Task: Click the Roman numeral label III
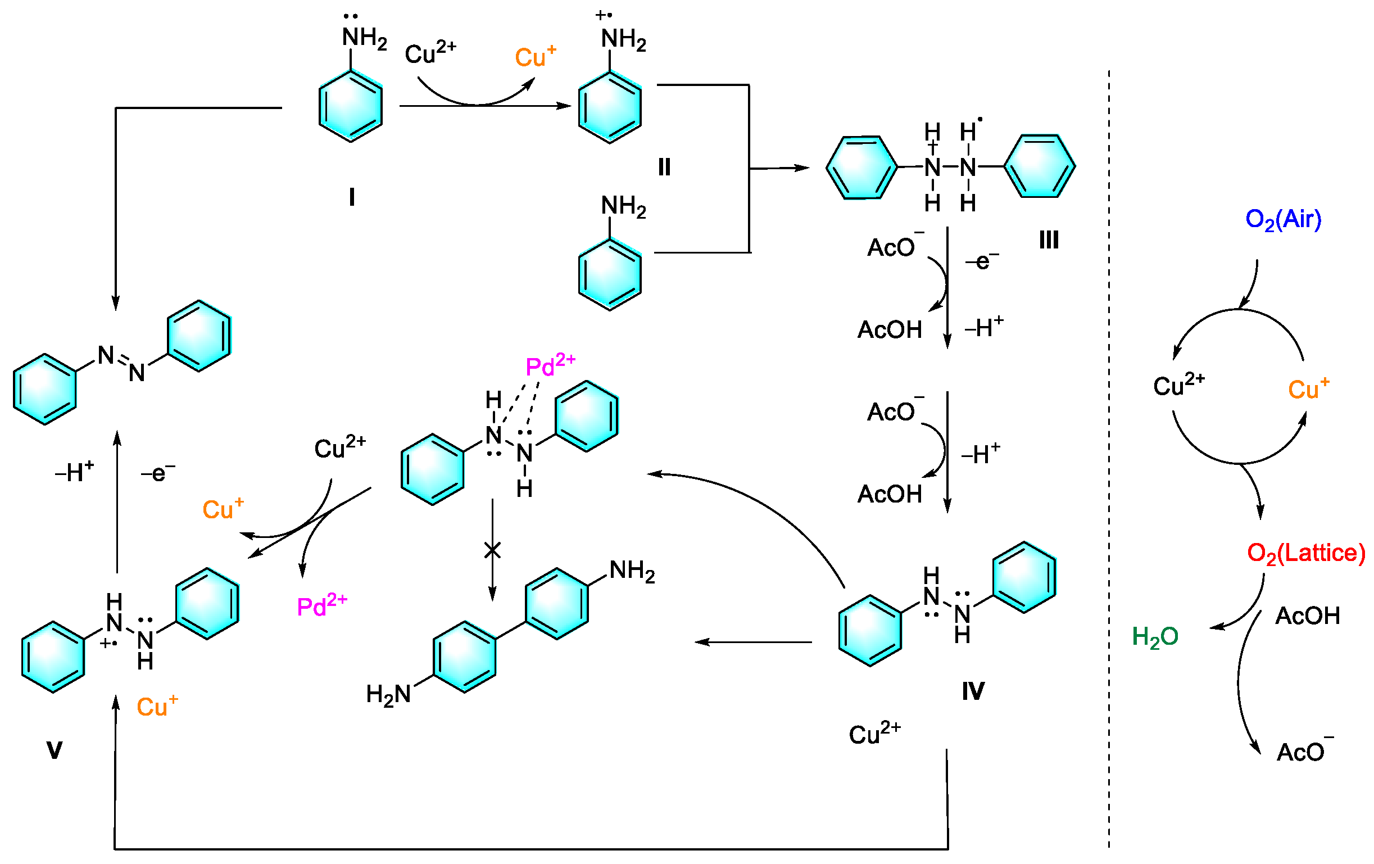pos(1049,240)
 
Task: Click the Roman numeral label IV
pos(973,691)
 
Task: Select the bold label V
pos(54,750)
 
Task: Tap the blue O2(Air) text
pos(1283,220)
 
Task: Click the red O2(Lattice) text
pos(1305,553)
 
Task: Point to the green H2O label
pos(1155,636)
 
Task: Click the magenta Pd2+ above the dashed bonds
pos(550,365)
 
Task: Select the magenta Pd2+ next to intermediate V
pos(322,605)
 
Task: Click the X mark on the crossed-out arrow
pos(492,550)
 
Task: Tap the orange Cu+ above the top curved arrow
pos(534,57)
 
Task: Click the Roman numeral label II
pos(664,167)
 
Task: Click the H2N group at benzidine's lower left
pos(388,694)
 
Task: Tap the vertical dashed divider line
pos(1109,456)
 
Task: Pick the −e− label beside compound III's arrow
pos(981,261)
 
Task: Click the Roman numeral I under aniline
pos(351,197)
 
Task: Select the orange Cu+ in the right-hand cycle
pos(1308,388)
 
